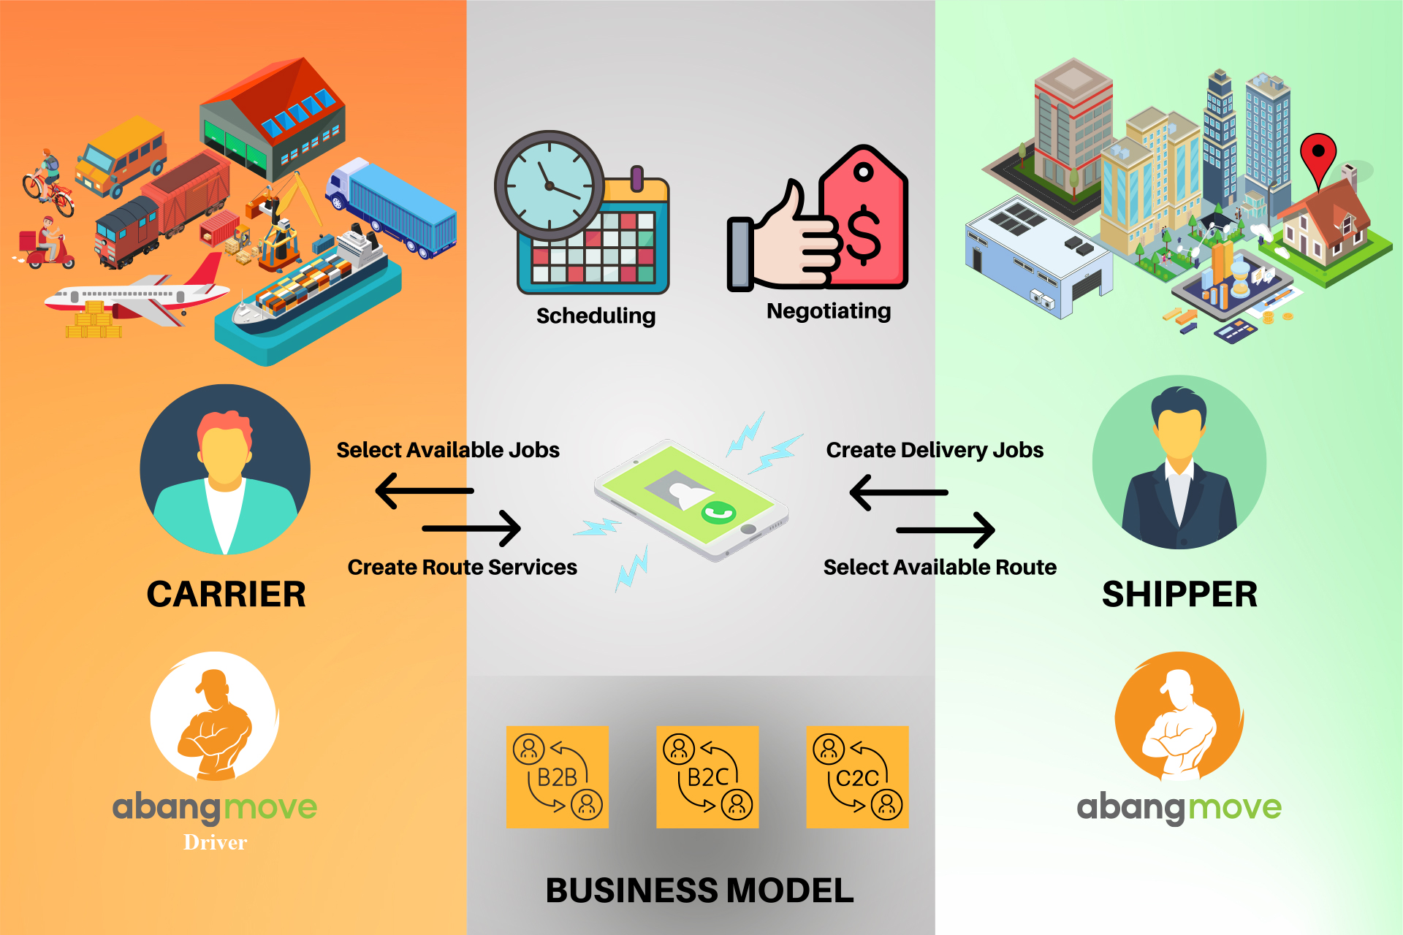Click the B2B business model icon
coord(558,776)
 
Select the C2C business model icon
coord(857,776)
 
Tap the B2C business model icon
coord(707,776)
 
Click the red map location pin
coord(1318,155)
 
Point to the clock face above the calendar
coord(550,186)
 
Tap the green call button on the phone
coord(718,513)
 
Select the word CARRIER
coord(226,594)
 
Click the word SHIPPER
coord(1179,594)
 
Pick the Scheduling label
coord(596,316)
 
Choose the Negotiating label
coord(829,311)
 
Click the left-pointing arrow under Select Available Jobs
coord(425,491)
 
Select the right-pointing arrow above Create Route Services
coord(471,527)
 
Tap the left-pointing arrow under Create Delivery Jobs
coord(899,492)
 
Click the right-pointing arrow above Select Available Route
coord(946,530)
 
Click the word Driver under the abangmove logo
coord(216,842)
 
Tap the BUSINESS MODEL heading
coord(699,890)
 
